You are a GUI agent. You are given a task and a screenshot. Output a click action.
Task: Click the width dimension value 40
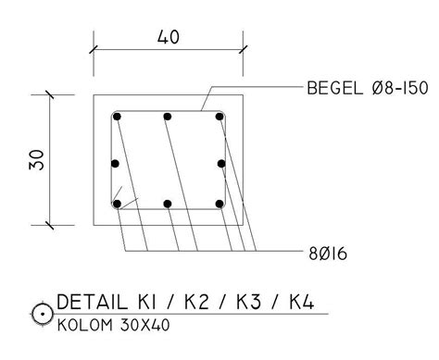pyautogui.click(x=169, y=37)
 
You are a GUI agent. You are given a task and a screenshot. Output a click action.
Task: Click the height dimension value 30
pyautogui.click(x=36, y=160)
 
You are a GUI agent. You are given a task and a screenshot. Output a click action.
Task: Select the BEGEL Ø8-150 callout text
pyautogui.click(x=368, y=88)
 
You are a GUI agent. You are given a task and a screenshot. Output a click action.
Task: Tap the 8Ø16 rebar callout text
pyautogui.click(x=328, y=254)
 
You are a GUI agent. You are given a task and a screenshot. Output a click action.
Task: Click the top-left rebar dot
pyautogui.click(x=117, y=117)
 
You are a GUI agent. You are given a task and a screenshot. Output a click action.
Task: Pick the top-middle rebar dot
pyautogui.click(x=168, y=117)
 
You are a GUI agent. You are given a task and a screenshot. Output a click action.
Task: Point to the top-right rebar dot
pyautogui.click(x=219, y=117)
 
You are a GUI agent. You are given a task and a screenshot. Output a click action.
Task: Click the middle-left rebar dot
pyautogui.click(x=115, y=164)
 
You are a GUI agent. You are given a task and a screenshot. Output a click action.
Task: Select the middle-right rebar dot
pyautogui.click(x=221, y=164)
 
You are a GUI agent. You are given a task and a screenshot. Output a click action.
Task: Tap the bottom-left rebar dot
pyautogui.click(x=117, y=204)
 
